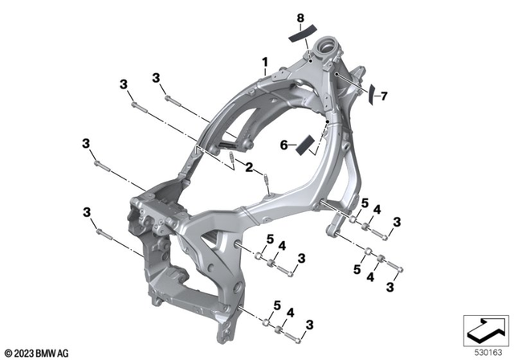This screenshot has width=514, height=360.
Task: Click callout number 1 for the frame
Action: [x=264, y=61]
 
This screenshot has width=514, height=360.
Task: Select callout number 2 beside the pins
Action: [x=250, y=167]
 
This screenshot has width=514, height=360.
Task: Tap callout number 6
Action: [x=284, y=145]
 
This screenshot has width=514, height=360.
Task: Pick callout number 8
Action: [x=300, y=17]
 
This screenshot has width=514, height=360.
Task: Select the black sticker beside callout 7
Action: [x=372, y=96]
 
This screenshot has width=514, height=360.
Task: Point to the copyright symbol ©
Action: [x=8, y=352]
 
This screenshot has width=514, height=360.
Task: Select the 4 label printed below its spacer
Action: [x=370, y=276]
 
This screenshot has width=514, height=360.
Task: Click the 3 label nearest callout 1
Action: [x=154, y=78]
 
